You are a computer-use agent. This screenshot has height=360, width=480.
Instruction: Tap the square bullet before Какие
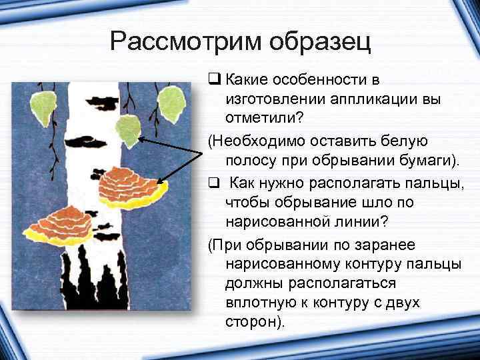(213, 81)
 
